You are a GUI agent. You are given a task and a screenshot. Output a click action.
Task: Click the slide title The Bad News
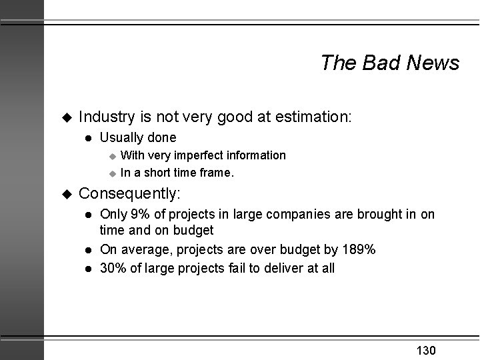click(x=389, y=63)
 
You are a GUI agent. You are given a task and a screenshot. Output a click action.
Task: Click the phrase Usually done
click(x=138, y=138)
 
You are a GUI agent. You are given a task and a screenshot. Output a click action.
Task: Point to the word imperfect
click(x=203, y=155)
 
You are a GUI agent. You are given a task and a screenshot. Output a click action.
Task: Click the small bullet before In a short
click(x=112, y=173)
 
